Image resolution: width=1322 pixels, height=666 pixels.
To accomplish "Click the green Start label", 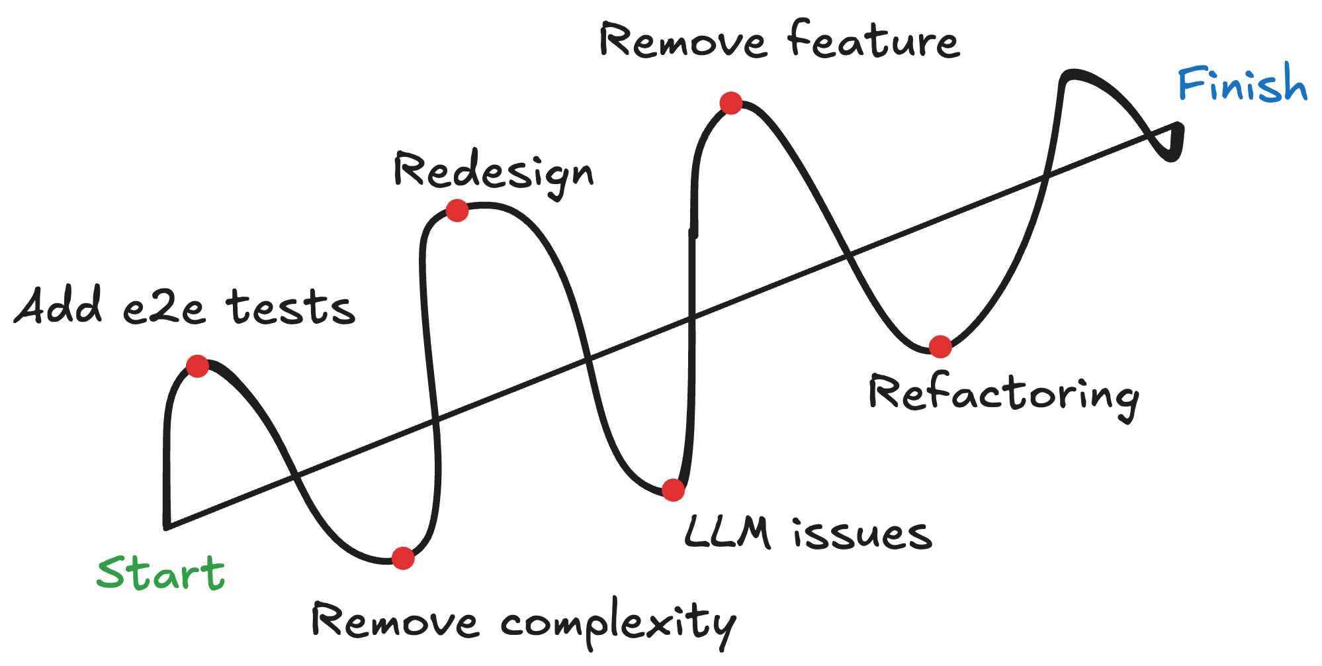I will tap(161, 573).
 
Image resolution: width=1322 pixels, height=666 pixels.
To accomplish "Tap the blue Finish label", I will tap(1242, 84).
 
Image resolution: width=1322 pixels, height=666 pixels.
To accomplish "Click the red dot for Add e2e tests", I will tap(197, 366).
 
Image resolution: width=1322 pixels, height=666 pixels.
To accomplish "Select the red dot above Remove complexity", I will tap(403, 558).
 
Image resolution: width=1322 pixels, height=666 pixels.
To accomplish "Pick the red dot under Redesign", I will tap(457, 211).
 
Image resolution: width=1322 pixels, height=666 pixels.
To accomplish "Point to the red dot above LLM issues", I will tap(673, 491).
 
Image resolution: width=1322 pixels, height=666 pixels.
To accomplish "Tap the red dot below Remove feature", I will tap(731, 103).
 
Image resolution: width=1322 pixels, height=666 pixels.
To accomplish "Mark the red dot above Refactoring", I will tap(940, 346).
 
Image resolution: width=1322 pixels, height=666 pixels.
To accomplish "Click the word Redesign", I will tap(493, 172).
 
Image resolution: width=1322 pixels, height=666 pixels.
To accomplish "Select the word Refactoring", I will tap(1003, 395).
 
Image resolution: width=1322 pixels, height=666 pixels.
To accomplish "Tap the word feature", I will tap(873, 41).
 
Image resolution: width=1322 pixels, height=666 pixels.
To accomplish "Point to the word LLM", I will tap(727, 533).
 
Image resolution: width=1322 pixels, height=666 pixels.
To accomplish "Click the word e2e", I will tap(164, 309).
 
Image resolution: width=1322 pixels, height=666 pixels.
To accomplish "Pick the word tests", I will tap(290, 309).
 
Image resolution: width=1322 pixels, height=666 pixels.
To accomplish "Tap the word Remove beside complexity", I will tap(395, 622).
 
